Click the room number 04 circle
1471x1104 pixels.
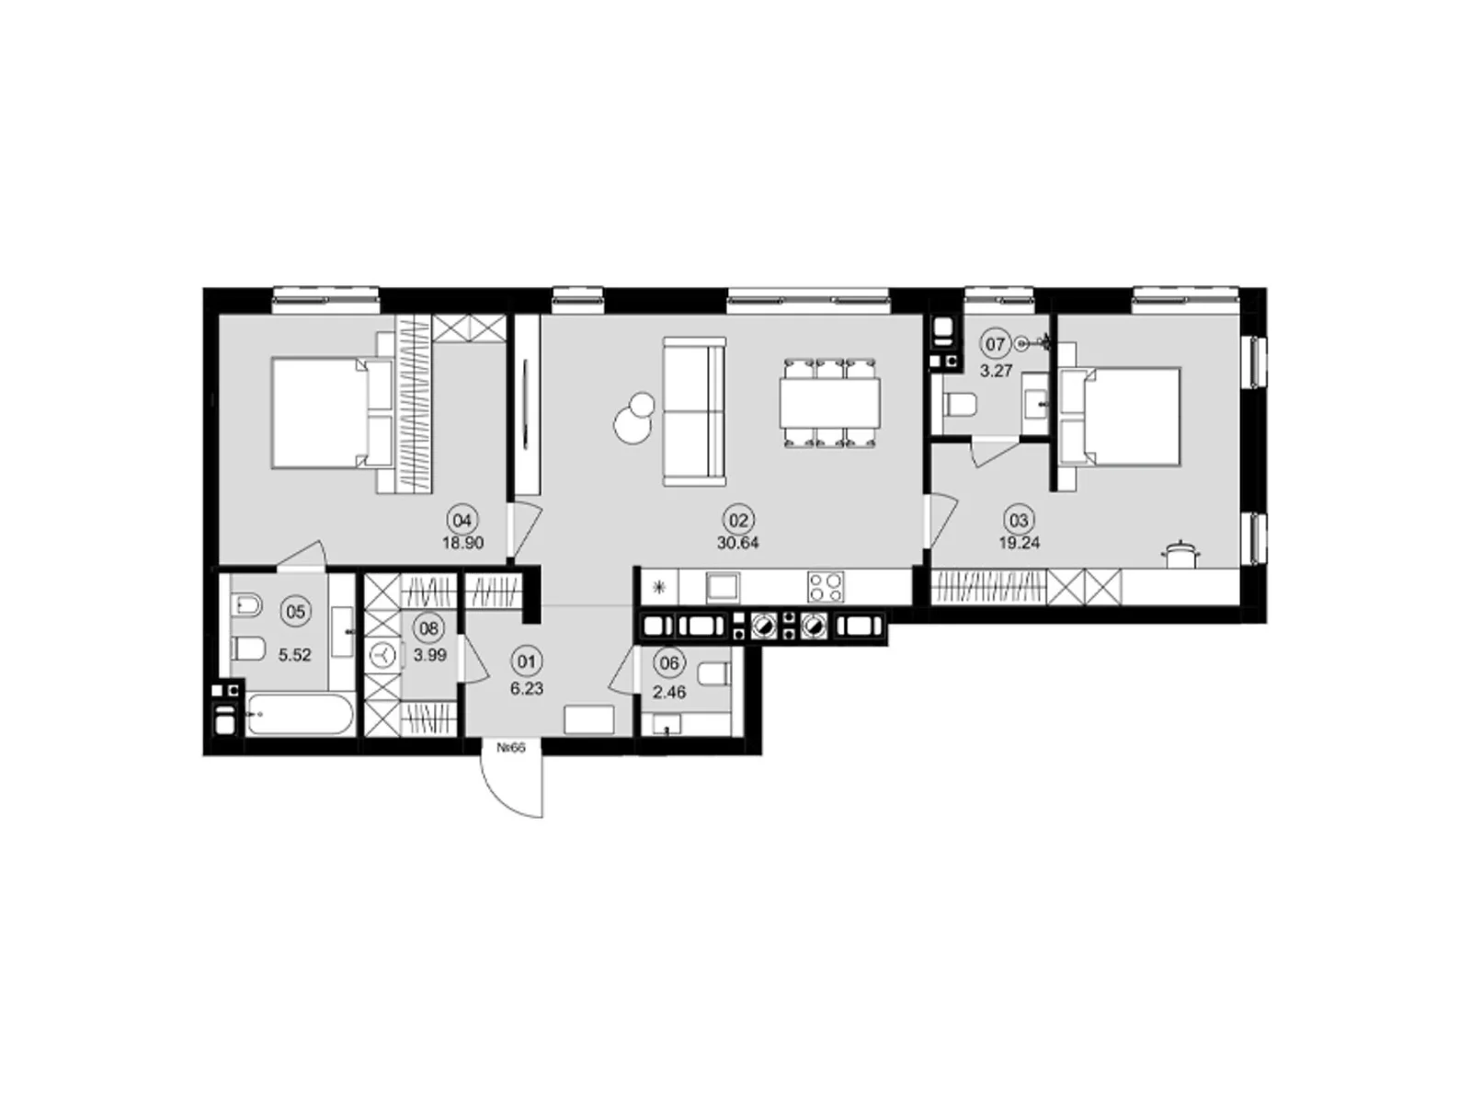pos(462,520)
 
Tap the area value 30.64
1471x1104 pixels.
pos(737,543)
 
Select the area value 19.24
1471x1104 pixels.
pos(1019,543)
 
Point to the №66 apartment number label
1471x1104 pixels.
pos(510,748)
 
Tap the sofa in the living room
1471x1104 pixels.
pos(694,411)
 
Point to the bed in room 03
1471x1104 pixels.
pos(1120,416)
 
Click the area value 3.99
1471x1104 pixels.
pos(428,654)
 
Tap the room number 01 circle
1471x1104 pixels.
pos(526,661)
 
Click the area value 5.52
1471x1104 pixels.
pos(294,656)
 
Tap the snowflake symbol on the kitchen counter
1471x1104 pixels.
pos(658,587)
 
